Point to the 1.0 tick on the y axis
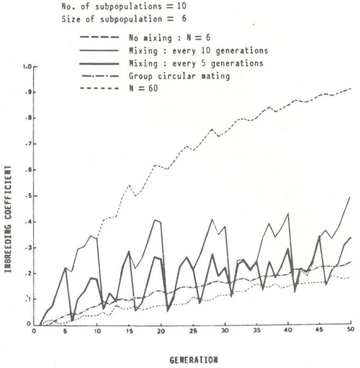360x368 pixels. [27, 67]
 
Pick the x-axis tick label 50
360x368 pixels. [351, 333]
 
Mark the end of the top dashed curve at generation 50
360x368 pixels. [351, 89]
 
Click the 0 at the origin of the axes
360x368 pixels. [34, 333]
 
